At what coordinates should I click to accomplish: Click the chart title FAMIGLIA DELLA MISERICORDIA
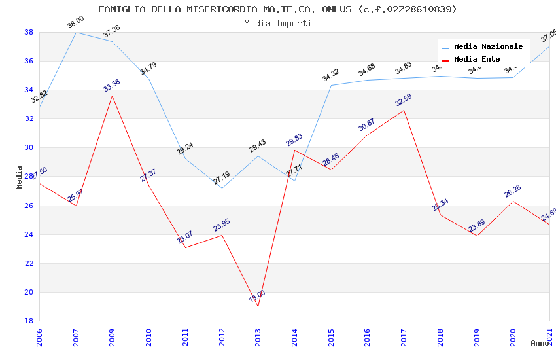tap(277, 9)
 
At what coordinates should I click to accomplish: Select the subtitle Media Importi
tap(277, 23)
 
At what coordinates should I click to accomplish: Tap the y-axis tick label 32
tap(29, 119)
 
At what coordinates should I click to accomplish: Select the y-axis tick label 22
tap(29, 263)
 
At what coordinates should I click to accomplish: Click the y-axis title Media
tap(20, 177)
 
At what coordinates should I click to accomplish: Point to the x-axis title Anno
tap(540, 343)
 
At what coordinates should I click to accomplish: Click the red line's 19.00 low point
tap(258, 306)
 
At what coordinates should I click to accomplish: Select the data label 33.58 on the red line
tap(112, 86)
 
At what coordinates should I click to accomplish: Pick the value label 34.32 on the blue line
tap(331, 75)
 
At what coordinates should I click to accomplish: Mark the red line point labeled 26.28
tap(513, 201)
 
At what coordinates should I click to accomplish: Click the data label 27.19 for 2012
tap(222, 178)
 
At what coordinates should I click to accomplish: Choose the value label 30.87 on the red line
tap(367, 125)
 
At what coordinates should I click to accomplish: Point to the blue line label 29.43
tap(258, 146)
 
